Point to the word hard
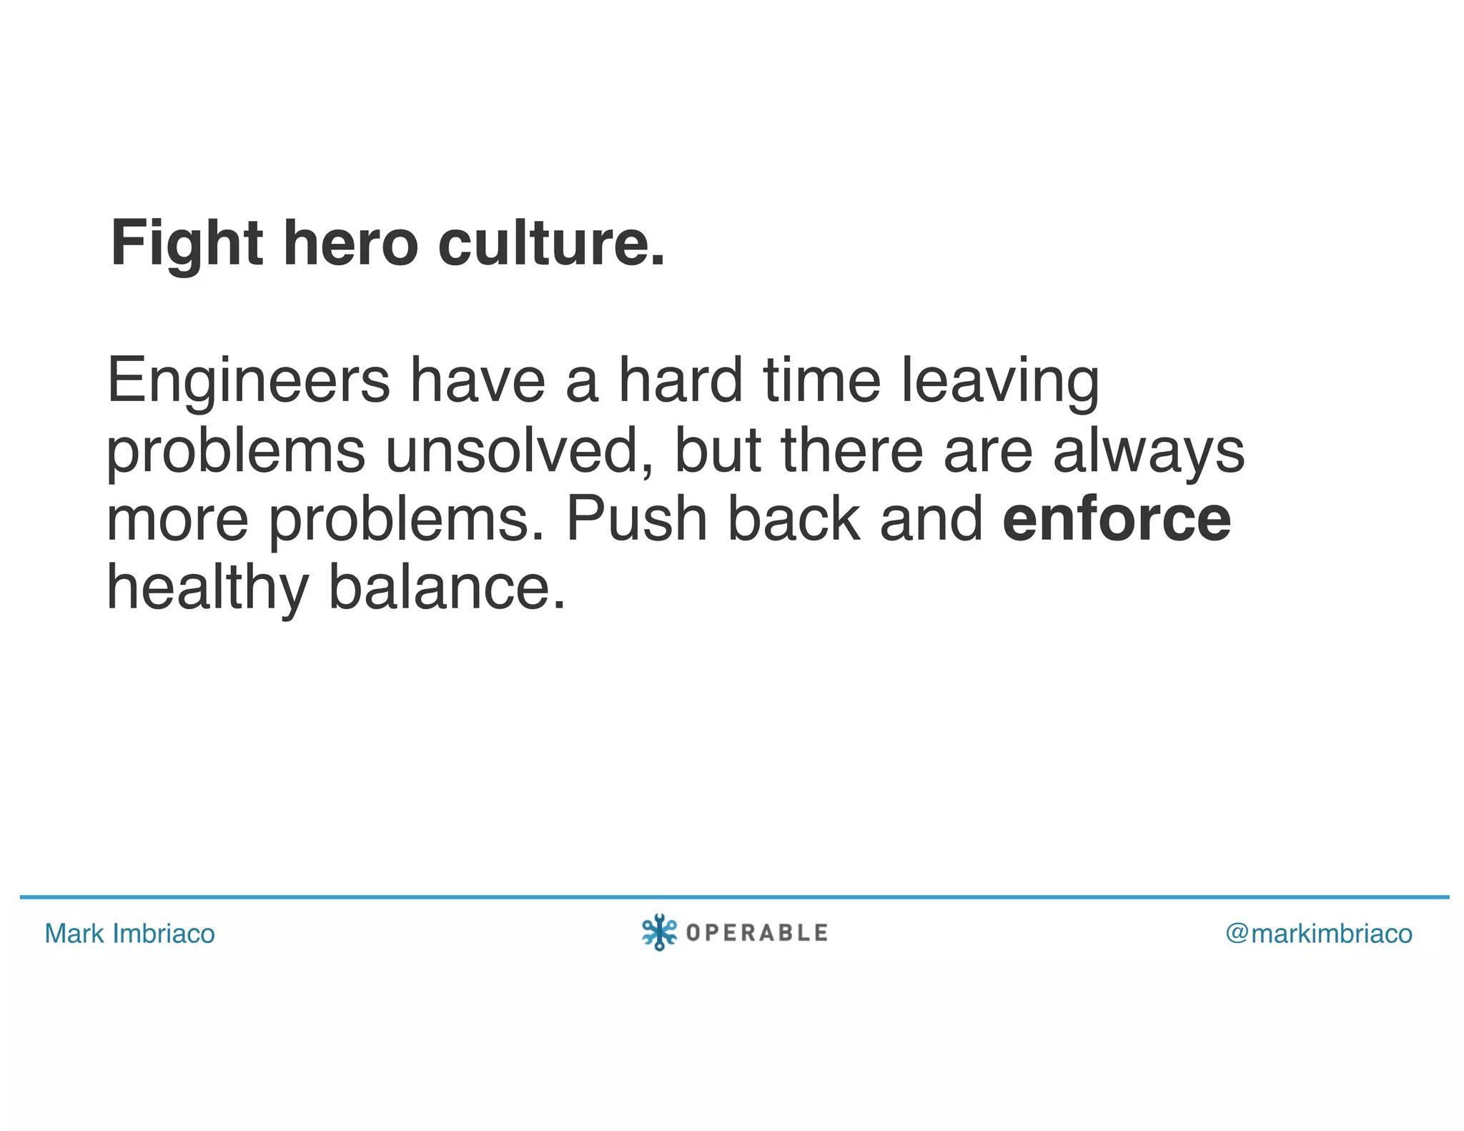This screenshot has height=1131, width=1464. click(681, 381)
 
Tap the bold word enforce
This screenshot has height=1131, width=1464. click(1117, 519)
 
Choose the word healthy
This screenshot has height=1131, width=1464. click(207, 588)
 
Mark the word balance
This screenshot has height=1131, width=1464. click(446, 588)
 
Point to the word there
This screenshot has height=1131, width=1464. click(852, 450)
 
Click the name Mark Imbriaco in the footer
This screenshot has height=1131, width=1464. click(129, 934)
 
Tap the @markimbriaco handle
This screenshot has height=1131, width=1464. click(1319, 934)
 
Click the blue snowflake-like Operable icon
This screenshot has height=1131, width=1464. click(659, 932)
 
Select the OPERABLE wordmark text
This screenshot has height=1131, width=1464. click(756, 933)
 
